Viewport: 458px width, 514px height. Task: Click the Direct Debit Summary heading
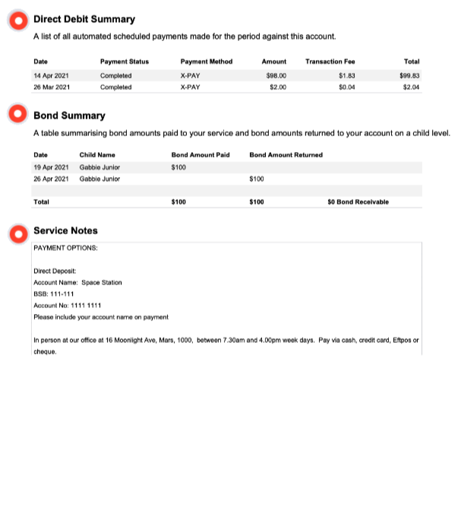coord(84,20)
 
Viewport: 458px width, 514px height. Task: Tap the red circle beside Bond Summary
coord(17,115)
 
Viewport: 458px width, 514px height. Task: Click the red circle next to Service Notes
coord(17,231)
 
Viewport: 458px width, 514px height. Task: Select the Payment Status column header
coord(124,62)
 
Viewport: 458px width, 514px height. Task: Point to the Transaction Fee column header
coord(330,62)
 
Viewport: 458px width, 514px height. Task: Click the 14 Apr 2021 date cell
coord(51,75)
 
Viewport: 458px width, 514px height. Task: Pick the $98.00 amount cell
coord(276,75)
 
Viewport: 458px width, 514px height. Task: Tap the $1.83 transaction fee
coord(346,75)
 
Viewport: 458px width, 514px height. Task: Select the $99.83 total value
coord(409,75)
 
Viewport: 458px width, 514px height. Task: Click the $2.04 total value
coord(411,87)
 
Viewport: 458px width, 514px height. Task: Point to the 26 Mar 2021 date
coord(51,87)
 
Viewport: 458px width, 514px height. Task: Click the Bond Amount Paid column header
coord(201,155)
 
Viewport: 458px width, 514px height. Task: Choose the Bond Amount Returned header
coord(286,155)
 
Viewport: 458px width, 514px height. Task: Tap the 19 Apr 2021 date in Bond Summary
coord(51,167)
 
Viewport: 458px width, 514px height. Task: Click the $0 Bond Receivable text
coord(358,202)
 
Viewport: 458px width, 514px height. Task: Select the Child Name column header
coord(97,155)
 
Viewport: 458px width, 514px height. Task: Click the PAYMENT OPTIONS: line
coord(65,248)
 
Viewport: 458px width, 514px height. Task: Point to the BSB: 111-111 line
coord(53,293)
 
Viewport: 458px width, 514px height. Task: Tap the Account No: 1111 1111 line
coord(68,305)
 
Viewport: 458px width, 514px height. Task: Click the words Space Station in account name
coord(101,282)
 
